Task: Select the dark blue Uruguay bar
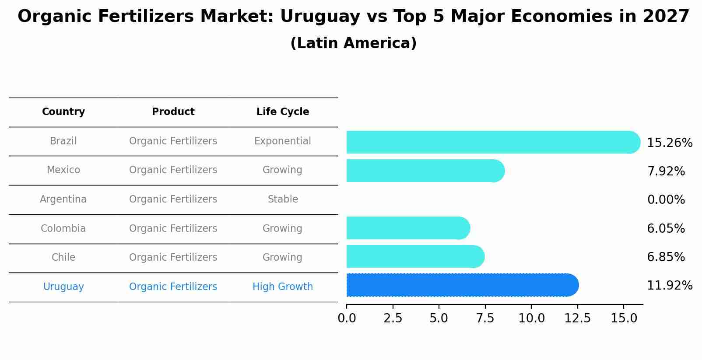pos(462,285)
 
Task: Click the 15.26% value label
pos(669,143)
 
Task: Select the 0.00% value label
pos(666,200)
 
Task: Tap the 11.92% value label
pos(669,286)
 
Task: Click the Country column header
pos(63,112)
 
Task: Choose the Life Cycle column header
pos(283,112)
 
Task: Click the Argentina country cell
pos(63,199)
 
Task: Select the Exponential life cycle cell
pos(283,141)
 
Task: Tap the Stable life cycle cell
pos(283,199)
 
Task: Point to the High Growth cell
pos(283,287)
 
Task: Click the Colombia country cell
pos(63,229)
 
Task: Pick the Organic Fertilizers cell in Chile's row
pos(173,258)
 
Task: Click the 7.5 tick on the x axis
pos(485,318)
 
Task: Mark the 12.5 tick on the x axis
pos(577,318)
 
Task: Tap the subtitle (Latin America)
pos(353,43)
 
